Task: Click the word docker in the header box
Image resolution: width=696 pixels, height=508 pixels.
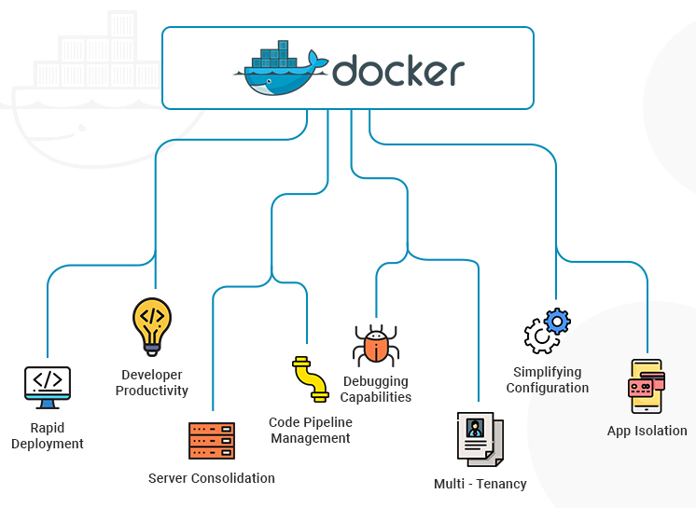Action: [398, 71]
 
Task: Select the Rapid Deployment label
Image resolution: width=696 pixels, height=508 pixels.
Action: [48, 435]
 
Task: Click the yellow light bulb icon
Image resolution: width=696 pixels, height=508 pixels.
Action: [152, 325]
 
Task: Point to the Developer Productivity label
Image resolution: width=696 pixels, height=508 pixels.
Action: [152, 382]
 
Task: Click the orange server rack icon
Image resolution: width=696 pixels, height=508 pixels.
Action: [212, 441]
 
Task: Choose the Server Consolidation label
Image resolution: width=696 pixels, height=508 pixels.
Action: [212, 478]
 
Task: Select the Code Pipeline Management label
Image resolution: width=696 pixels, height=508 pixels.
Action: [311, 430]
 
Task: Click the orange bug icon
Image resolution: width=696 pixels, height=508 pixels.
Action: [376, 345]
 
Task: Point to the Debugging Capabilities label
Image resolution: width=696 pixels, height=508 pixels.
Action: [376, 389]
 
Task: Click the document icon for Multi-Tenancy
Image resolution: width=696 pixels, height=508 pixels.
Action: [480, 438]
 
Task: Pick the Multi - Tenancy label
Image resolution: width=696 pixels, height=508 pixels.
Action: [480, 484]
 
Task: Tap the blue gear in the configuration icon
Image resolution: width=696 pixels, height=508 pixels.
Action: [557, 322]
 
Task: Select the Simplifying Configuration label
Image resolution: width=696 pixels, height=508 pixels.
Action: [548, 379]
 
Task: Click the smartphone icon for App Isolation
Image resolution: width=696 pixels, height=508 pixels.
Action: [646, 386]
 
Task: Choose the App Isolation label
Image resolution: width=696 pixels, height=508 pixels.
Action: [647, 431]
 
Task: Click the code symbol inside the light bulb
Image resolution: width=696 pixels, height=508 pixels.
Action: [152, 313]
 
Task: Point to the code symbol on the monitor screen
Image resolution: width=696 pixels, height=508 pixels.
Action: [47, 380]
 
